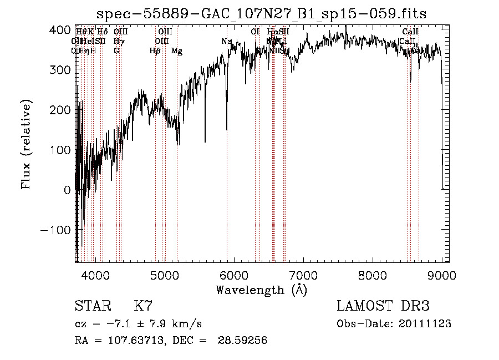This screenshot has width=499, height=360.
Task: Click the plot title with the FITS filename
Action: [x=261, y=14]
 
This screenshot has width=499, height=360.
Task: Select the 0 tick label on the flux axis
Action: [x=67, y=190]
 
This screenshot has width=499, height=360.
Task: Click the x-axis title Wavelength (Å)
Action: [x=261, y=290]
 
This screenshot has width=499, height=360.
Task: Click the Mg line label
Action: [x=177, y=51]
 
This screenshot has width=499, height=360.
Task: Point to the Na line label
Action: [x=226, y=41]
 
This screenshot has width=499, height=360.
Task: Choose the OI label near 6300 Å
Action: [x=255, y=32]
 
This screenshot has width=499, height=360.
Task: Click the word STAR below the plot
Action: [x=93, y=306]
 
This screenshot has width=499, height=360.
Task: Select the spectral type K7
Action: [x=143, y=306]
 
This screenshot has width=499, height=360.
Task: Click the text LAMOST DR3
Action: [x=383, y=306]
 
